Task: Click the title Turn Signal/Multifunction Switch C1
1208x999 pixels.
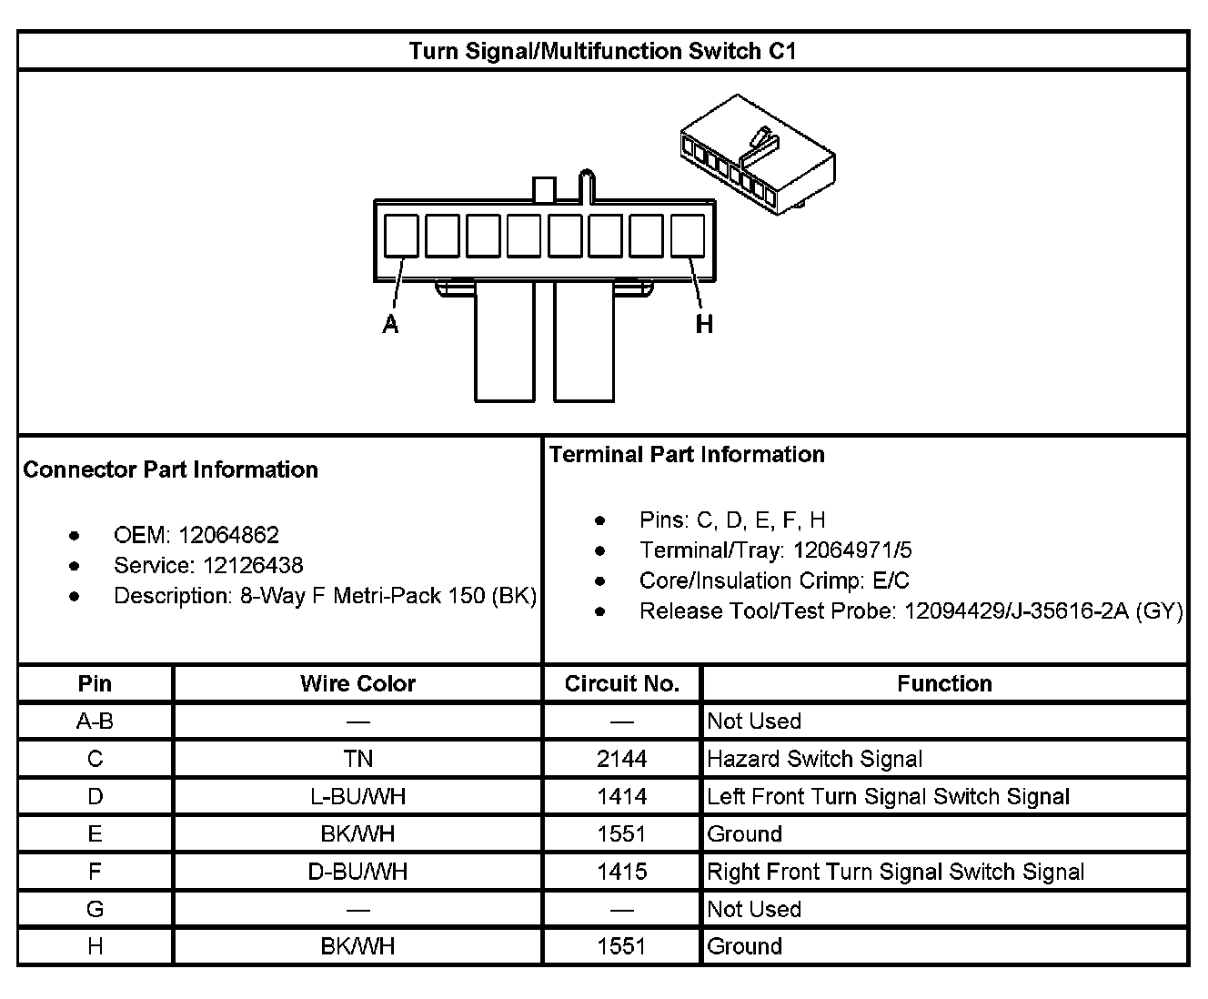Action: (x=602, y=51)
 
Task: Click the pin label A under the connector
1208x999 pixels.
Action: (x=390, y=324)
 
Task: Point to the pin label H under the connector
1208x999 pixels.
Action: (x=704, y=324)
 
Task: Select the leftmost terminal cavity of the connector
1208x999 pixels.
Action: (x=401, y=236)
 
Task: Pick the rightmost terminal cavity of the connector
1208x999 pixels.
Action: (x=687, y=236)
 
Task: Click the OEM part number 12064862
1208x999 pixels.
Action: (x=228, y=535)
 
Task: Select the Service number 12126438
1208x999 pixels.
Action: (x=253, y=565)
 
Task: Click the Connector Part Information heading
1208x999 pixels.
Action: (x=171, y=469)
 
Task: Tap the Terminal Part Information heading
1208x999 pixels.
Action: (x=687, y=454)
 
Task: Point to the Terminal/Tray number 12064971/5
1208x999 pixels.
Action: (x=852, y=550)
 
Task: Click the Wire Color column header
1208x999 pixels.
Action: (x=357, y=684)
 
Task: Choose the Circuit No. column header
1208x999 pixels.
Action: (x=622, y=684)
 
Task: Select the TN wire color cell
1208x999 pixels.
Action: (x=357, y=759)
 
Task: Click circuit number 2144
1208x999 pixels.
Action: (x=622, y=759)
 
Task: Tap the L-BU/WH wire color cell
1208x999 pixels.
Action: (x=357, y=797)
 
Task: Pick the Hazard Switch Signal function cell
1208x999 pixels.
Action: (x=815, y=759)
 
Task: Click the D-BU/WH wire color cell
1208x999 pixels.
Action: (x=357, y=872)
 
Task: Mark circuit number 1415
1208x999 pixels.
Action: (x=622, y=872)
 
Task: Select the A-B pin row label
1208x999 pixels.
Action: (x=95, y=721)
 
